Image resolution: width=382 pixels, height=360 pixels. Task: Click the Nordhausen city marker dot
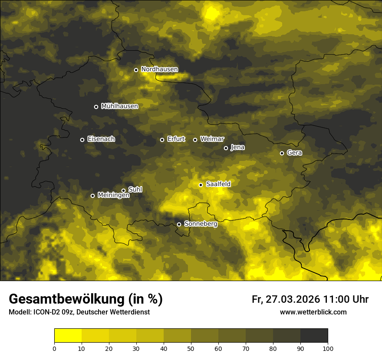[136, 70]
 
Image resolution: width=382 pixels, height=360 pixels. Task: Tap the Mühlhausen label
[119, 106]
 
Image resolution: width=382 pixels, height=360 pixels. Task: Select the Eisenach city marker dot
[82, 140]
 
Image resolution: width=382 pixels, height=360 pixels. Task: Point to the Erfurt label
[176, 139]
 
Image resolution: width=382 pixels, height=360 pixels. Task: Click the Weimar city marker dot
[195, 140]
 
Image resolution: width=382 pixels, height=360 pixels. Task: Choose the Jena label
[237, 147]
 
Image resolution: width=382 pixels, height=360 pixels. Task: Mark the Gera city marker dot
[282, 153]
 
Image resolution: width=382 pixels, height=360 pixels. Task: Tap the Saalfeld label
[218, 184]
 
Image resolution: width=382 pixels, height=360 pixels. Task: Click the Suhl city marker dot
[123, 190]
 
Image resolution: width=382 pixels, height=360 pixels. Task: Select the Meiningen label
[113, 196]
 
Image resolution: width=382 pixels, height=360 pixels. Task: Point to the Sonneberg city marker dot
[179, 224]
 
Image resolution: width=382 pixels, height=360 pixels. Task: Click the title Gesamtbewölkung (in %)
[86, 299]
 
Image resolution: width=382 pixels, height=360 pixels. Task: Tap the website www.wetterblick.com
[313, 312]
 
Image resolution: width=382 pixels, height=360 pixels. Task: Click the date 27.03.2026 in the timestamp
[292, 299]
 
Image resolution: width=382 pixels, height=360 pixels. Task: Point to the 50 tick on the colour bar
[191, 348]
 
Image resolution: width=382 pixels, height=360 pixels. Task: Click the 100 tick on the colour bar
[328, 348]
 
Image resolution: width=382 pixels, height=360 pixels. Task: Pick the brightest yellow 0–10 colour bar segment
[68, 336]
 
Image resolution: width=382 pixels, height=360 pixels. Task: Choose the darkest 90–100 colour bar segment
[314, 336]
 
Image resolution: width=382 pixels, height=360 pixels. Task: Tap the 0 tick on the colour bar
[54, 348]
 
